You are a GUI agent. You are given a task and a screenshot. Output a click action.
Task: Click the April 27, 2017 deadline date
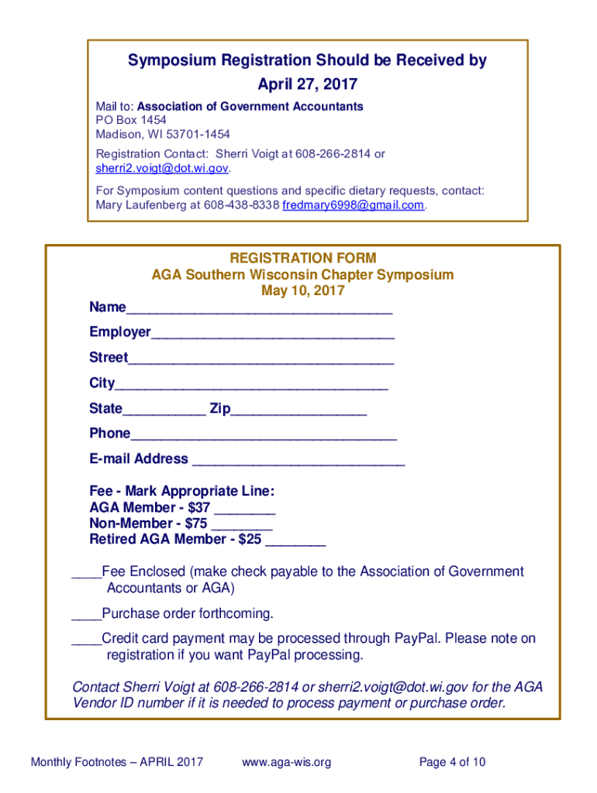(x=308, y=83)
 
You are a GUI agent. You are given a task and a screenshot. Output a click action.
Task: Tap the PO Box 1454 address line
(x=130, y=120)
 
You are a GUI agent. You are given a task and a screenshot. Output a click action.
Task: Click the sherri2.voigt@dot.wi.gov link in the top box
(x=162, y=168)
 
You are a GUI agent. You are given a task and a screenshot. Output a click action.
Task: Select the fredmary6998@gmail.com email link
(x=354, y=205)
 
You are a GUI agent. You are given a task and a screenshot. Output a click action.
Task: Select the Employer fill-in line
(x=273, y=336)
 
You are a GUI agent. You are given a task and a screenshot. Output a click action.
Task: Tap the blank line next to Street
(x=261, y=362)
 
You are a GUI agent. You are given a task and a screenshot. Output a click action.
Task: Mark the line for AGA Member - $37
(x=244, y=512)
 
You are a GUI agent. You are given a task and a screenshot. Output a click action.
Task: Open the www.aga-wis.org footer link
(x=286, y=762)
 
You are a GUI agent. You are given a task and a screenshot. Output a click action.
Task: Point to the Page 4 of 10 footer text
(x=452, y=762)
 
